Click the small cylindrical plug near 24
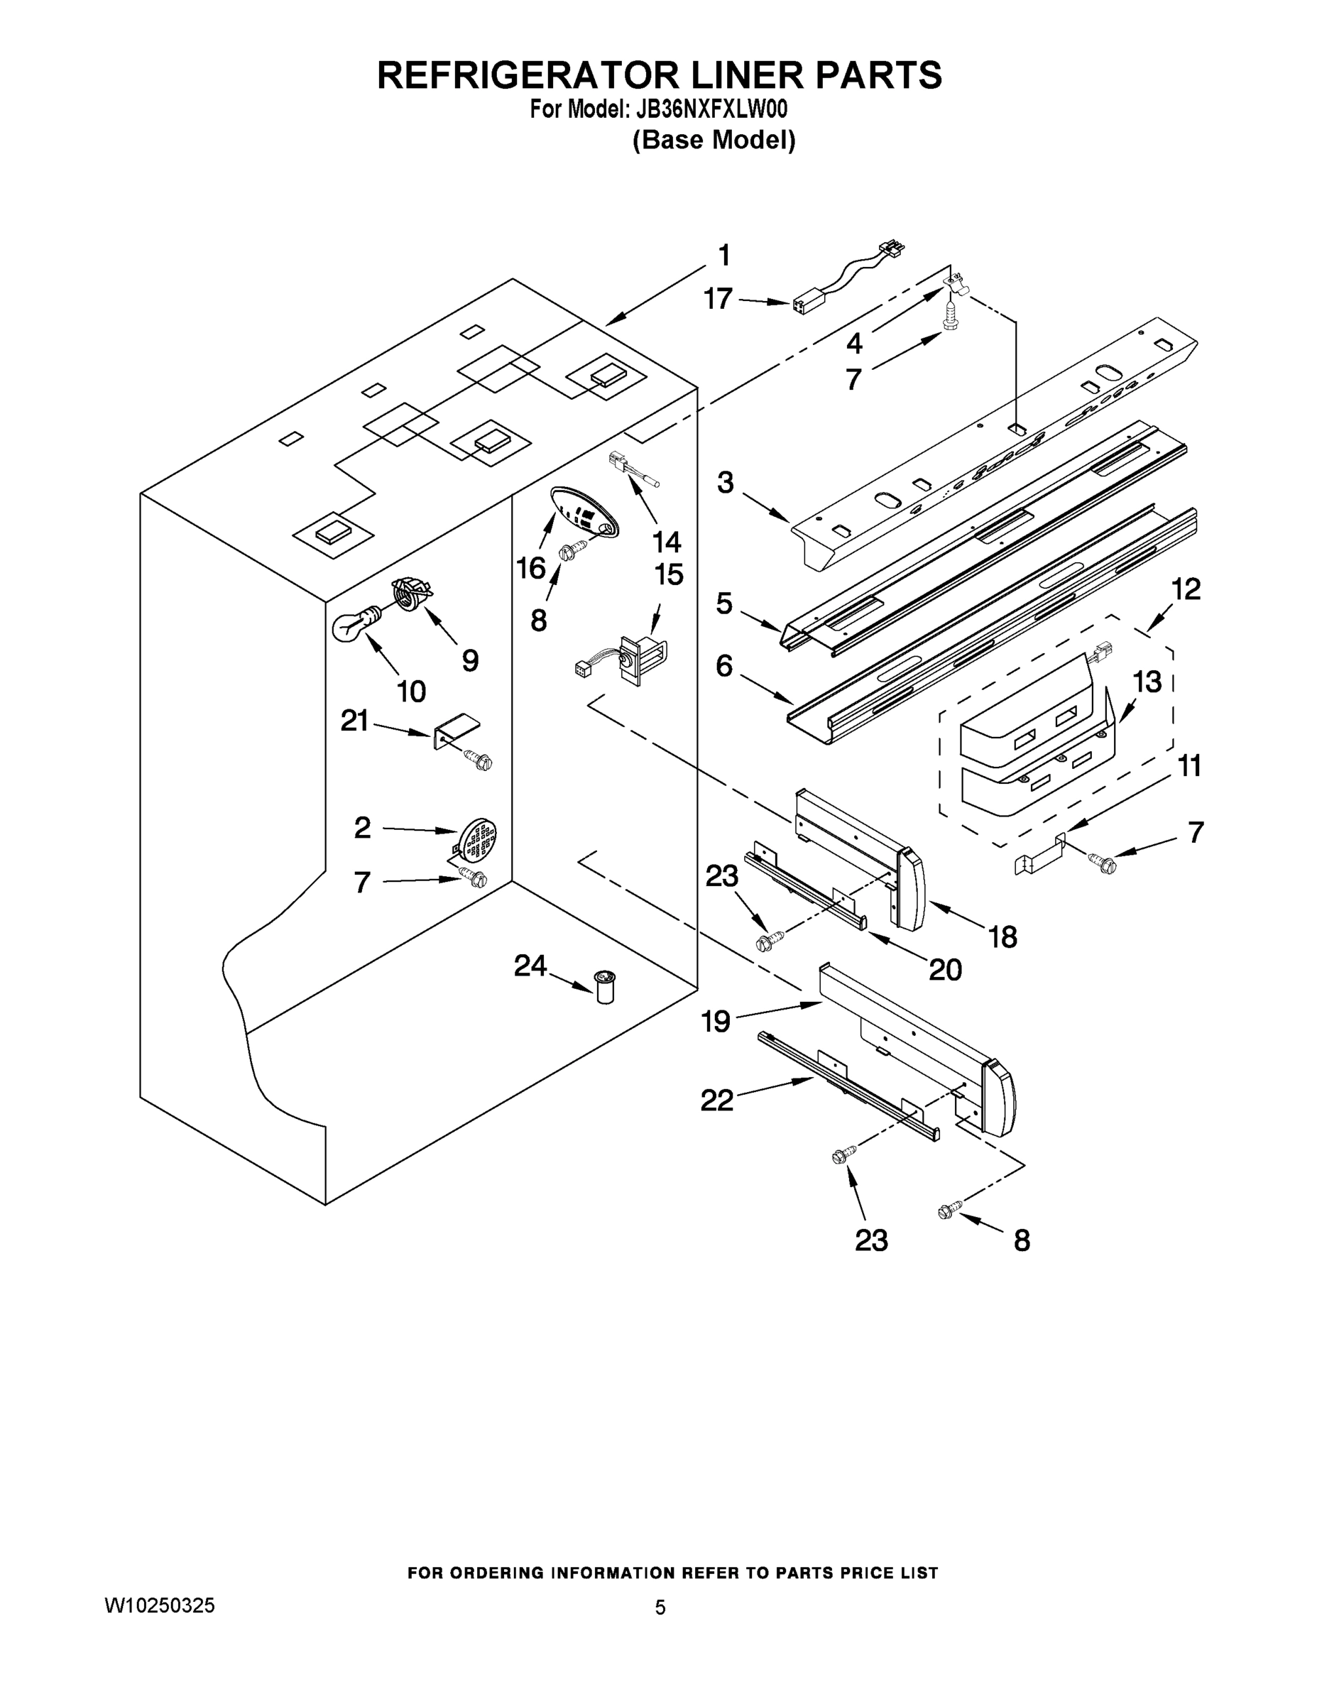point(605,987)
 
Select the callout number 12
point(1186,589)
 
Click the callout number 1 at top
point(724,255)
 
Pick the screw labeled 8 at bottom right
point(949,1210)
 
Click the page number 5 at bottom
point(660,1607)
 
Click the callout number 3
point(726,483)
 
